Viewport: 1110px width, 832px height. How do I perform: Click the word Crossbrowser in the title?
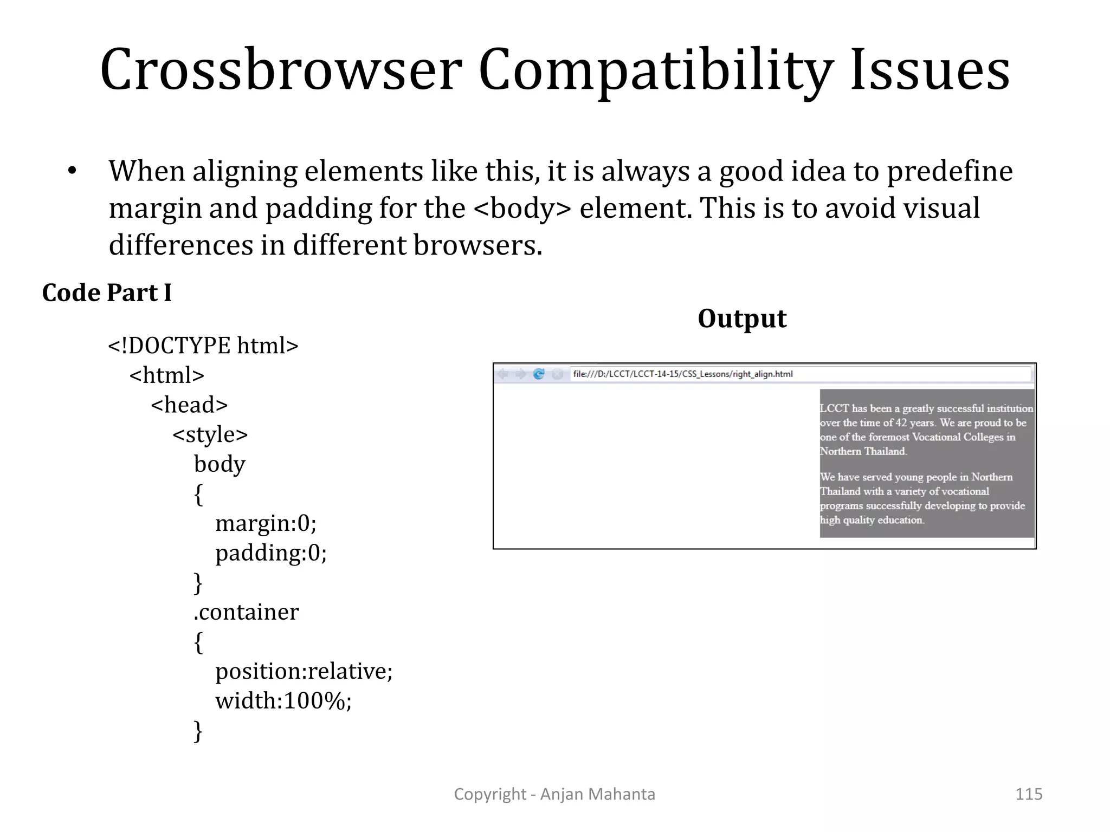click(281, 70)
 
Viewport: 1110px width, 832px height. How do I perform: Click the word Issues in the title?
click(930, 70)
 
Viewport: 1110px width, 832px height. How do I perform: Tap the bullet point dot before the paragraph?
click(72, 172)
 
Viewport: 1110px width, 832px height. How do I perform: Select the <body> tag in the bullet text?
click(522, 209)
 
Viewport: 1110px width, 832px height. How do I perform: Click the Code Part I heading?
click(107, 293)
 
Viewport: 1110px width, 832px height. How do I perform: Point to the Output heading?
click(741, 318)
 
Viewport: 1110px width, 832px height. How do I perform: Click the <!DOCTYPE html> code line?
click(203, 346)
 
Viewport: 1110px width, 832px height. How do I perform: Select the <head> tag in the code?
click(189, 405)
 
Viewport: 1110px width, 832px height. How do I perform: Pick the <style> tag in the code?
click(210, 434)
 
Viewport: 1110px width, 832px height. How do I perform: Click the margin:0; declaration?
click(266, 523)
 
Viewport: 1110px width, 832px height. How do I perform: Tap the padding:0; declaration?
click(271, 553)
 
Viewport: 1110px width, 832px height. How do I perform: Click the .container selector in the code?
click(246, 612)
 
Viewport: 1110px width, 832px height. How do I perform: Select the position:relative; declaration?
click(304, 672)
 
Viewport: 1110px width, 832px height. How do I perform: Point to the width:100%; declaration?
click(283, 701)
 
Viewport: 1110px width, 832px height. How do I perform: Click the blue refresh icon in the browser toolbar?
click(539, 374)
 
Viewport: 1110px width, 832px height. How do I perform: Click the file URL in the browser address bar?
click(683, 374)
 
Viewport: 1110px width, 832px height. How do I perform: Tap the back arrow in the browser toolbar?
click(503, 374)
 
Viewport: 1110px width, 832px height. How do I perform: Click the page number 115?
click(1028, 794)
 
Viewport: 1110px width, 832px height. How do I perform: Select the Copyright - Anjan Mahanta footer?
click(554, 794)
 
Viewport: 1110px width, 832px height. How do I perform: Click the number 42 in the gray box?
click(900, 423)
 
